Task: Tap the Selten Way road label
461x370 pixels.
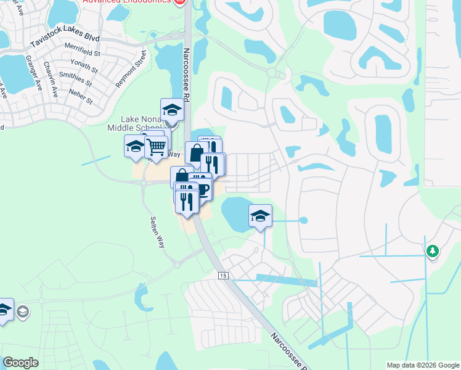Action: click(x=157, y=232)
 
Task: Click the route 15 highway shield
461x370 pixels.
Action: click(x=222, y=275)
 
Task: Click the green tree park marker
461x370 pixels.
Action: click(x=433, y=250)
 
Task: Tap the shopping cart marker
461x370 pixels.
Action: click(x=157, y=147)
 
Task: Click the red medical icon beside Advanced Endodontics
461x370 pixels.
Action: click(x=180, y=2)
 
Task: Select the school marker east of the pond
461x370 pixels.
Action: click(x=260, y=216)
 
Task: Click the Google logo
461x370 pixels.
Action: click(x=20, y=363)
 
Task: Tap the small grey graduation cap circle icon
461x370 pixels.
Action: click(x=23, y=311)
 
